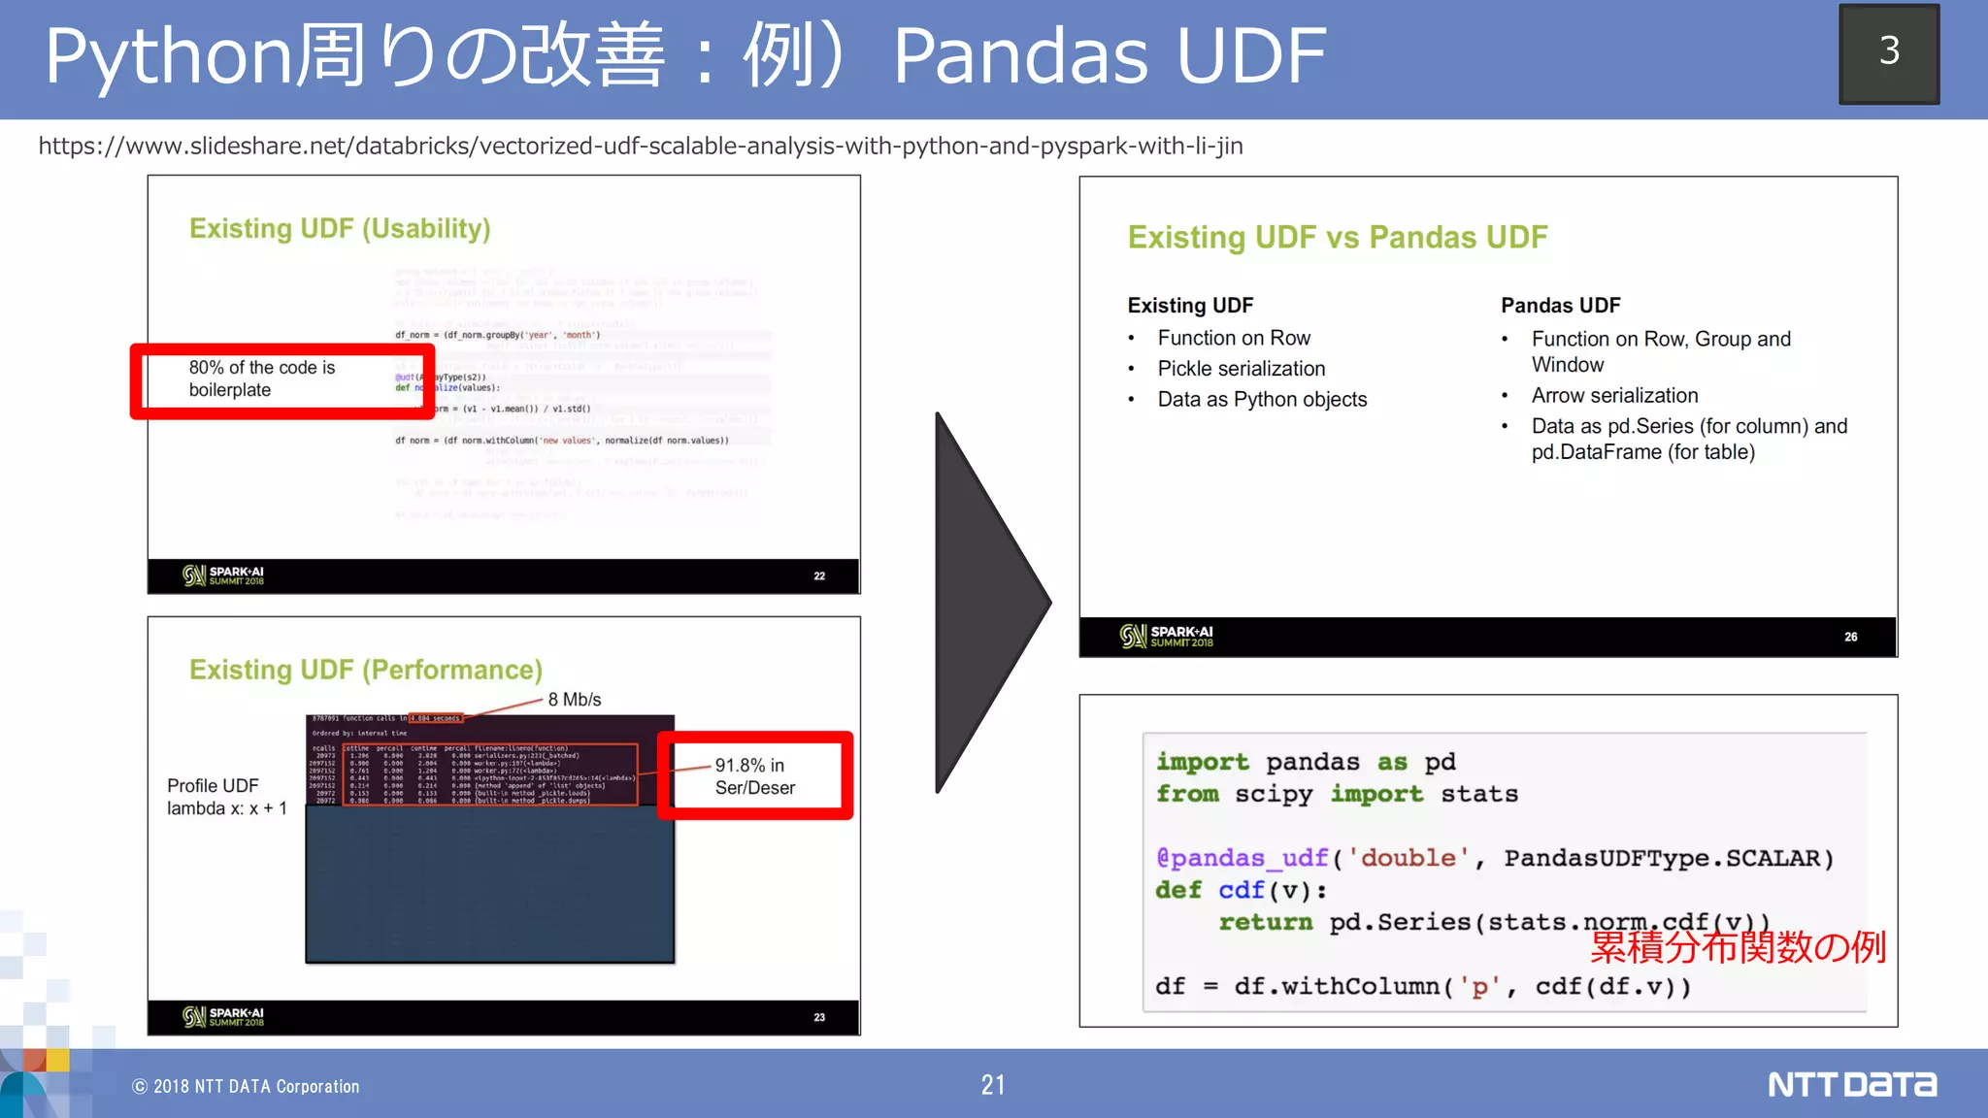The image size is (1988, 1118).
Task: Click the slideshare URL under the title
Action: click(x=641, y=147)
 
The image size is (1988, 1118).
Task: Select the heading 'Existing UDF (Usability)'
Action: click(x=340, y=229)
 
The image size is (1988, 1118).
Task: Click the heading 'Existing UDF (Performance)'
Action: click(x=365, y=671)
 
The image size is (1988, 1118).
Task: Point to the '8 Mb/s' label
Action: click(x=574, y=700)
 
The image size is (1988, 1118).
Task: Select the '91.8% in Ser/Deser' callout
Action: click(x=755, y=776)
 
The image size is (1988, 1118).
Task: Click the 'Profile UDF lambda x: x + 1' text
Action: click(x=226, y=797)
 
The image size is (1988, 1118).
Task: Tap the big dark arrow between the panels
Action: click(x=985, y=602)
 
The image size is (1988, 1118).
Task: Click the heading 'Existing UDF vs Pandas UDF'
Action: click(x=1337, y=238)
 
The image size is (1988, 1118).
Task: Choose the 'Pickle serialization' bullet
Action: click(x=1241, y=369)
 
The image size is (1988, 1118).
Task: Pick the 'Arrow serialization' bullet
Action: click(x=1614, y=396)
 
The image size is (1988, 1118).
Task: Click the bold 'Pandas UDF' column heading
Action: click(x=1560, y=306)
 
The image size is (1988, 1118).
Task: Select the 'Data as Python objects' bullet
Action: click(x=1262, y=400)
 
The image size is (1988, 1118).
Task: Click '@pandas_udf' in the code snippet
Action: click(x=1241, y=858)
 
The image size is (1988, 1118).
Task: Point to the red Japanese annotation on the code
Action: click(x=1738, y=947)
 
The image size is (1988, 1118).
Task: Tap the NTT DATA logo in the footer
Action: click(x=1851, y=1084)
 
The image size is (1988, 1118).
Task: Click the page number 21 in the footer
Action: click(x=993, y=1085)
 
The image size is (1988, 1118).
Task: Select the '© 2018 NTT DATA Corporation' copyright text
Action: click(x=246, y=1087)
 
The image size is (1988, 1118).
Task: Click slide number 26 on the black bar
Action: click(x=1850, y=638)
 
